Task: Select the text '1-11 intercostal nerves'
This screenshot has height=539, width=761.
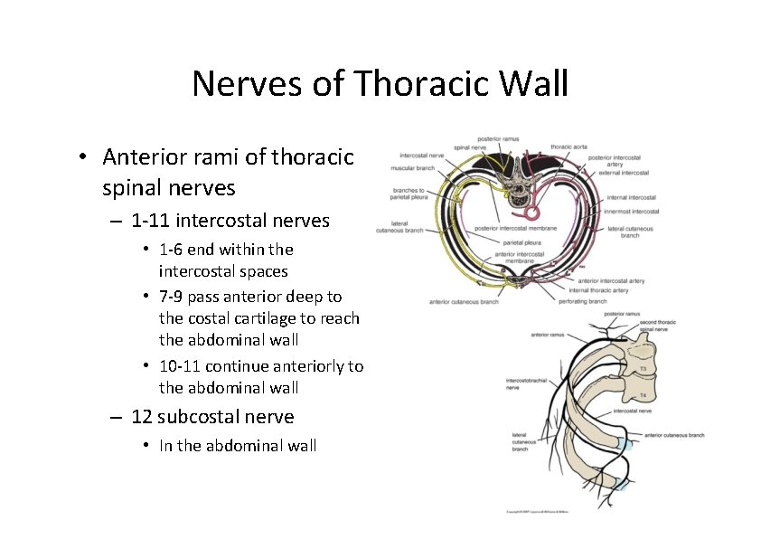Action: tap(230, 220)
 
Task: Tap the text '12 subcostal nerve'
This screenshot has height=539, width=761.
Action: tap(212, 416)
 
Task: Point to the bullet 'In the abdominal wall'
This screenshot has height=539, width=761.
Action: tap(238, 445)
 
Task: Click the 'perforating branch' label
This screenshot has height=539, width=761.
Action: tap(584, 300)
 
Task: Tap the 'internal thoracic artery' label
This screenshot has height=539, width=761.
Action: tap(599, 290)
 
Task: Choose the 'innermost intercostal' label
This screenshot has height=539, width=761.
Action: tap(633, 212)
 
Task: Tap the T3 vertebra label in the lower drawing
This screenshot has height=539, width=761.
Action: tap(643, 369)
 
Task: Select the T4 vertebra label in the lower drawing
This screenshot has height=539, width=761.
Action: tap(643, 396)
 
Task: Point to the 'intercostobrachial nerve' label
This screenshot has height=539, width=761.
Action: tap(523, 385)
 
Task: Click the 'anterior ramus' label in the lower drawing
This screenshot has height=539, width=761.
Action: tap(548, 334)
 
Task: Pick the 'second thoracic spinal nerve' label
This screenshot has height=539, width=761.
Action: tap(660, 326)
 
